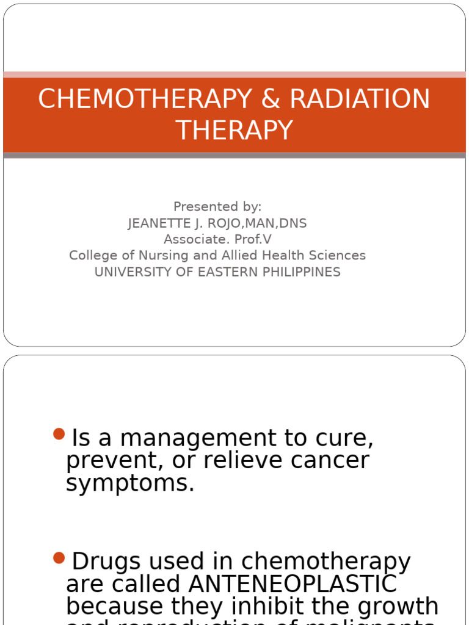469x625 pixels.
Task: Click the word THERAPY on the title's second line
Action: pos(234,131)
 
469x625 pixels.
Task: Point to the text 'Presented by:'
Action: pos(217,207)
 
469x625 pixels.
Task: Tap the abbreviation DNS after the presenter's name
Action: pos(293,223)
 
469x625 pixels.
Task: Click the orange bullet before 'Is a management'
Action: pos(59,434)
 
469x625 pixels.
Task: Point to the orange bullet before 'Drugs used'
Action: pos(59,557)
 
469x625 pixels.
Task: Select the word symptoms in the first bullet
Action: pos(130,483)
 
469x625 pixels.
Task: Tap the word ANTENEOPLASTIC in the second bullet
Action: pos(293,584)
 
